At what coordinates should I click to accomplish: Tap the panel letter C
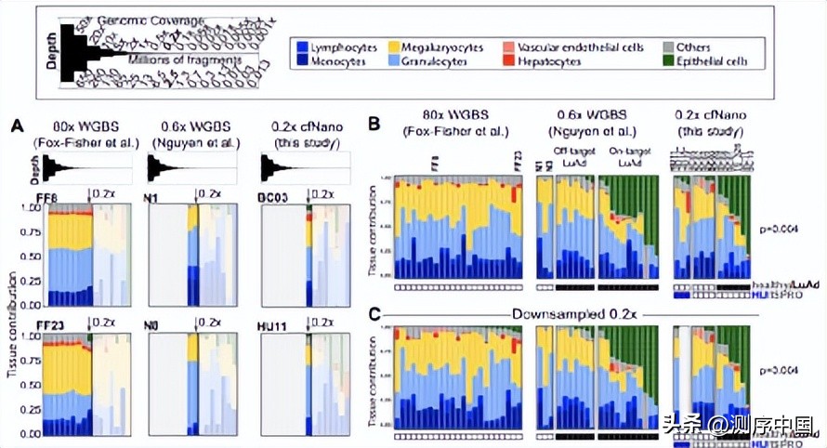[374, 314]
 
